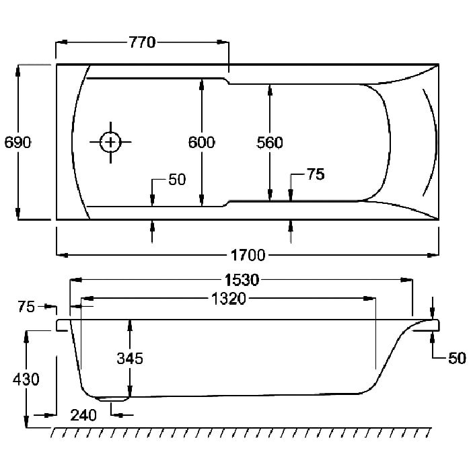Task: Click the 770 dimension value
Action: pos(143,42)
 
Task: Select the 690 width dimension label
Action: pos(17,143)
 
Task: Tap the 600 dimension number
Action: pos(202,143)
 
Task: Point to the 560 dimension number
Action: pos(270,143)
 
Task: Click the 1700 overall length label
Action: pos(248,255)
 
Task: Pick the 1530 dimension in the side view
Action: pos(242,280)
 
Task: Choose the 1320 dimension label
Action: pos(229,299)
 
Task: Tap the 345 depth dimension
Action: pos(130,359)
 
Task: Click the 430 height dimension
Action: pos(26,379)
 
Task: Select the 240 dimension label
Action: pos(83,415)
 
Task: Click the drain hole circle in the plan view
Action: pos(110,142)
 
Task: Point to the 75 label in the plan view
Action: pos(316,174)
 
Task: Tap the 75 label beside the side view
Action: pos(26,307)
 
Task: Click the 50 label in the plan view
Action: pos(177,180)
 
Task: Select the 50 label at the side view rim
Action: pos(457,359)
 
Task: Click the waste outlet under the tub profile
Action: pos(112,399)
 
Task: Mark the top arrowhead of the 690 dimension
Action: pos(17,71)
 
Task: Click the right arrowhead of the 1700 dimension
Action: pos(433,255)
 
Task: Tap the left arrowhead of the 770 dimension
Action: pos(62,42)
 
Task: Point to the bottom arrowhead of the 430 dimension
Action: pos(26,421)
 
